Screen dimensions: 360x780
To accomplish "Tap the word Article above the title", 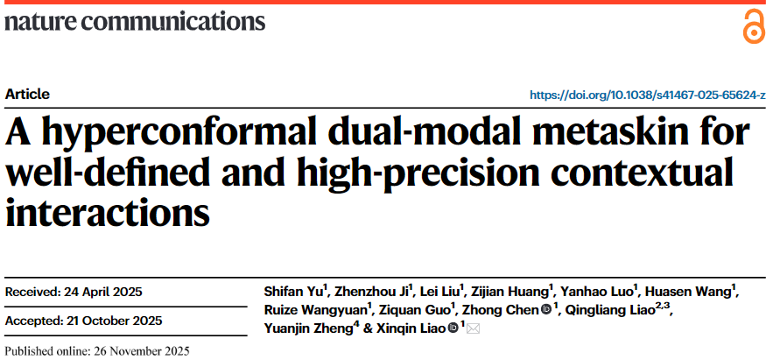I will pyautogui.click(x=27, y=95).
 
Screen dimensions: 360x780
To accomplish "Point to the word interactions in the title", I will pyautogui.click(x=108, y=211).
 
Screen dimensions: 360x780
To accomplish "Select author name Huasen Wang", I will pyautogui.click(x=697, y=292).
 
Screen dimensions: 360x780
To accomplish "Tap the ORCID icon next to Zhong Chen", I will pyautogui.click(x=545, y=310).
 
